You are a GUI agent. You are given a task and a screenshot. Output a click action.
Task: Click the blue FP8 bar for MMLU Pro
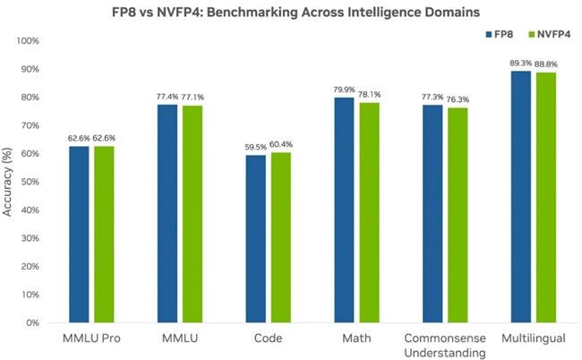pos(79,234)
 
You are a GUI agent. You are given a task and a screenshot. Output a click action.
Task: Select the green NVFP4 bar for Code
pos(280,237)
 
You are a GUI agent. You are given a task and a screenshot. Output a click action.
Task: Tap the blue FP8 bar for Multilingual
pos(520,196)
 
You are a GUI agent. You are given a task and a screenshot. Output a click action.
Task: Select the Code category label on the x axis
pos(268,339)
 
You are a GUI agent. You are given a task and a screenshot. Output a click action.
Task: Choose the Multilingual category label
pos(532,339)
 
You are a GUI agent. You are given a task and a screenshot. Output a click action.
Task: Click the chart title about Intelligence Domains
pos(290,12)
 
